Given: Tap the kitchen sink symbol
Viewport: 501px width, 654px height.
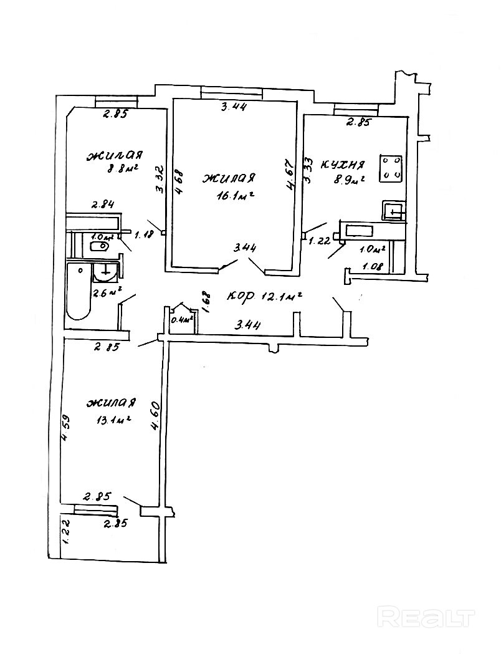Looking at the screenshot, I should [x=393, y=211].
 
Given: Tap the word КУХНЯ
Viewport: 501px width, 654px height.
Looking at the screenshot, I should [x=342, y=165].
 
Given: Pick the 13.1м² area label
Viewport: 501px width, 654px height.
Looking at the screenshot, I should [x=113, y=420].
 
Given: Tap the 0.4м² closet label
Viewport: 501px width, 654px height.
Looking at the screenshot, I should [x=182, y=319].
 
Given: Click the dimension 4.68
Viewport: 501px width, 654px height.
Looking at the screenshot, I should [x=179, y=185].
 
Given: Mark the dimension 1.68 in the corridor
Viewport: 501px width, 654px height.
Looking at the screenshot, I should [x=206, y=302].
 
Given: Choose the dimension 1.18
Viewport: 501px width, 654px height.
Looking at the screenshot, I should [x=144, y=234].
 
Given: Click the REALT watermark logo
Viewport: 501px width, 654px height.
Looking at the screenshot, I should [x=423, y=618].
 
